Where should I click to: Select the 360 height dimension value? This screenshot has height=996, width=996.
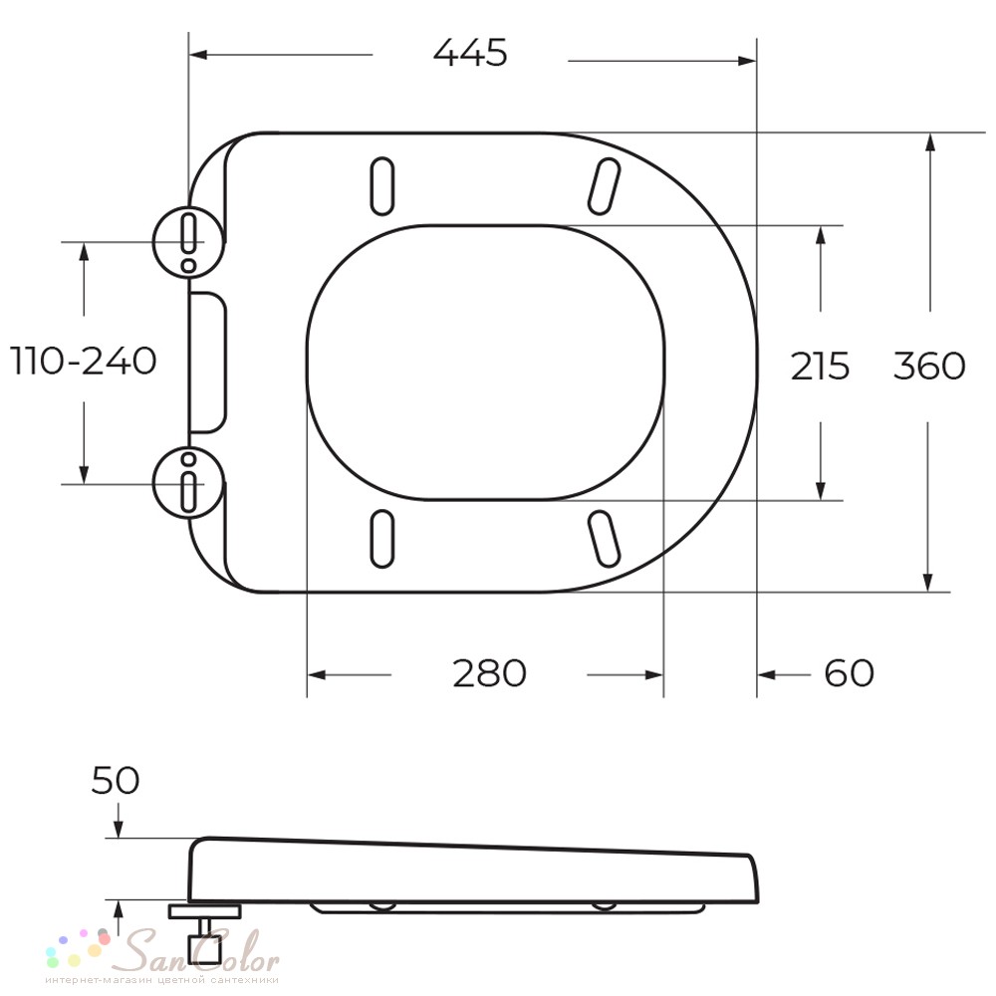point(929,366)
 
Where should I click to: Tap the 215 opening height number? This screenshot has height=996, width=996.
point(820,366)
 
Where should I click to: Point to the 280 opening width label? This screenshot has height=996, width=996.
point(489,673)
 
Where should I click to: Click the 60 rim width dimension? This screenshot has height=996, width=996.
point(850,673)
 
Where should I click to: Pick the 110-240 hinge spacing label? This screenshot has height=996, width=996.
point(84,361)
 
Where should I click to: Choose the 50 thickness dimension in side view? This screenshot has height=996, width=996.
point(115,780)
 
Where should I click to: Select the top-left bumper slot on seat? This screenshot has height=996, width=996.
point(381,186)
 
